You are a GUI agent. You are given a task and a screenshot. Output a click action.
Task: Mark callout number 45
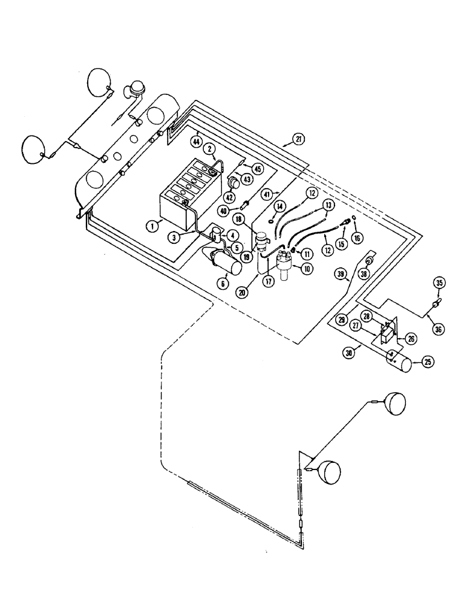[x=258, y=169]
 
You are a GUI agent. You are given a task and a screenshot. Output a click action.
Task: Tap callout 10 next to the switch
[x=307, y=268]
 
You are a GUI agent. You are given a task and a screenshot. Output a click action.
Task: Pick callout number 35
[x=440, y=282]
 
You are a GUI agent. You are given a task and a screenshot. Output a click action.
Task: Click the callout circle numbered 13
[x=327, y=206]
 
